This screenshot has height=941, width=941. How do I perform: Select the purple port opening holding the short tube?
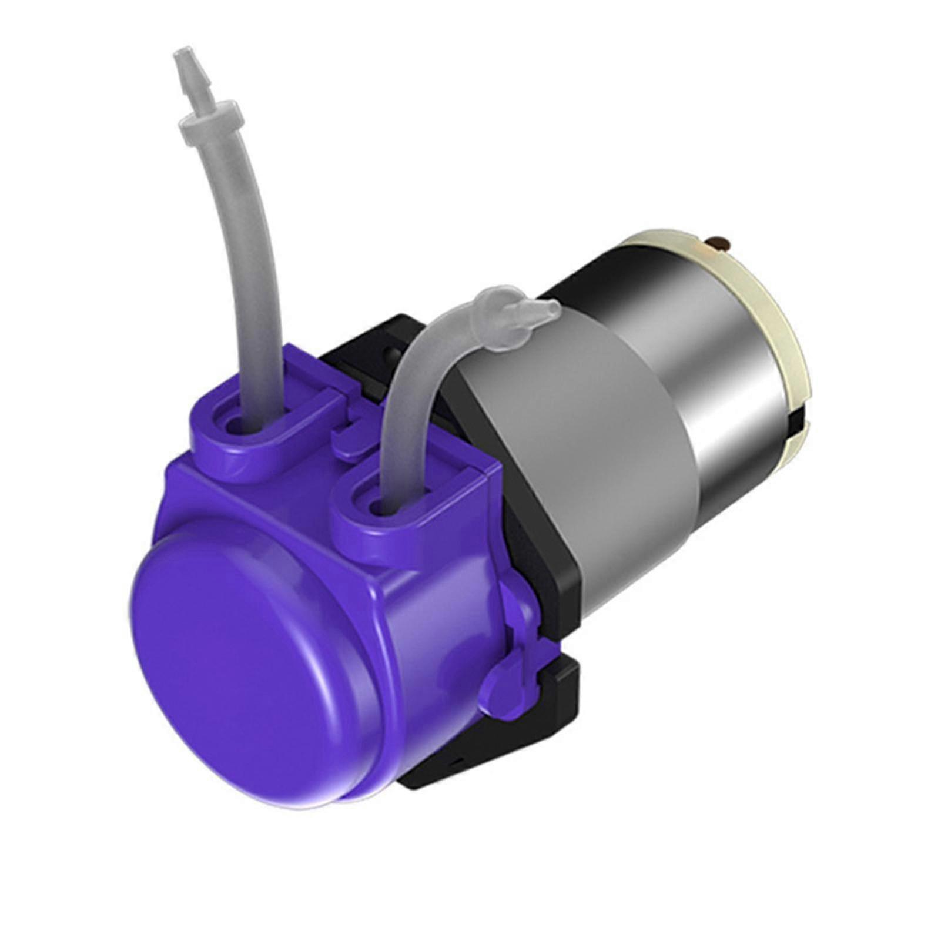(376, 505)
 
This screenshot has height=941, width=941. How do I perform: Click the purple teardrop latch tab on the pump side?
(505, 688)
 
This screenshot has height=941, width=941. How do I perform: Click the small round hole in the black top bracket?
(389, 354)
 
